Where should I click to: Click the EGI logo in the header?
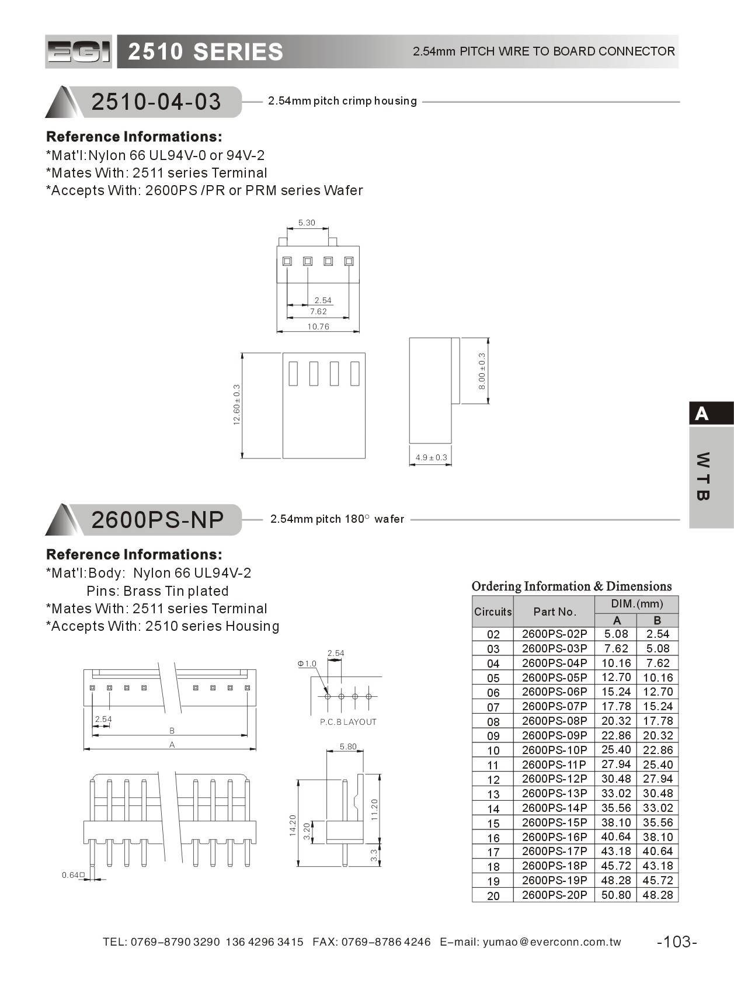pos(78,52)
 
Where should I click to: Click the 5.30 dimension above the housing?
pos(307,223)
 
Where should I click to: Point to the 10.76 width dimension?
pos(318,326)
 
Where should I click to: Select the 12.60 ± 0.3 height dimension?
pos(236,404)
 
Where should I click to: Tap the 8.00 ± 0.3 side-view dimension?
pos(482,371)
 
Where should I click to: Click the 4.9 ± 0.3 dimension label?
pos(431,457)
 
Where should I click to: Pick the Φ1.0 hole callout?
pos(307,664)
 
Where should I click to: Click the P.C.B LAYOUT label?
pos(348,722)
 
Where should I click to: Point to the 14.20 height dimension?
pos(293,825)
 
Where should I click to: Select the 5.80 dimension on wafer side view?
pos(348,746)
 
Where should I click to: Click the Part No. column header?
pos(554,612)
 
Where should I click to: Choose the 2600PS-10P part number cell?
pos(554,750)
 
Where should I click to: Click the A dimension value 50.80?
pos(615,895)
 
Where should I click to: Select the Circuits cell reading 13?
pos(493,794)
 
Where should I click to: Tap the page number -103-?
pos(677,942)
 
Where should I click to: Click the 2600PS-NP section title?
pos(158,519)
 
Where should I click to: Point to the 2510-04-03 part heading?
pos(156,102)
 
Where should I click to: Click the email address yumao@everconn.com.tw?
pos(552,942)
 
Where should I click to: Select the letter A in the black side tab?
pos(702,414)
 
